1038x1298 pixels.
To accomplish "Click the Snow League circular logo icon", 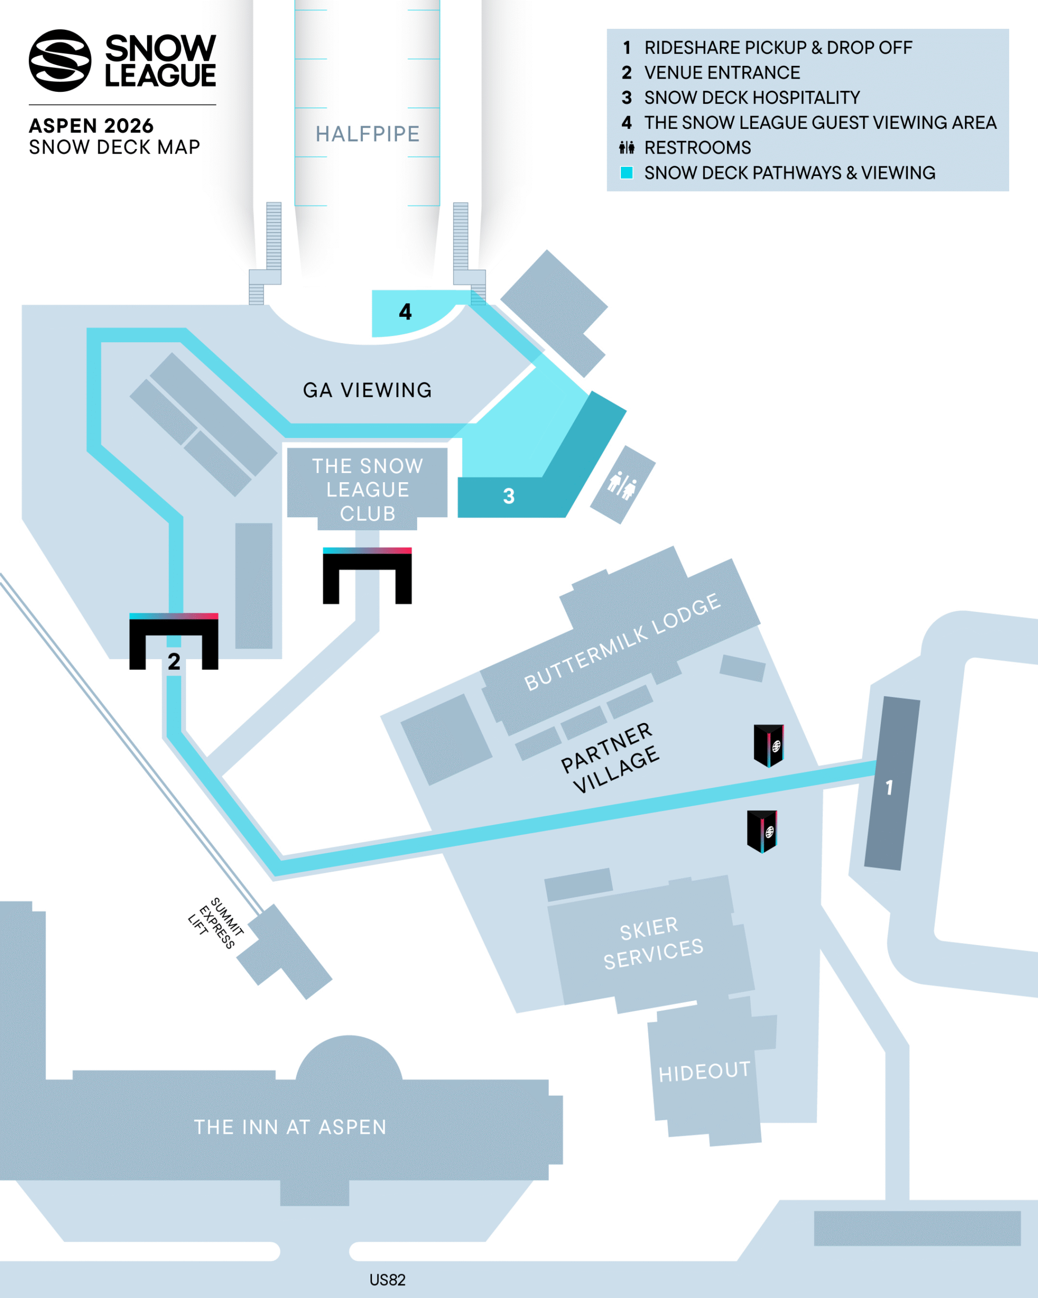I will (60, 60).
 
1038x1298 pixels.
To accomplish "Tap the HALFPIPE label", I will (367, 134).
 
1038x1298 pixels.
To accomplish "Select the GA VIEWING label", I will (367, 390).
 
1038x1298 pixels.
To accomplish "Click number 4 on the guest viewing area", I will (405, 312).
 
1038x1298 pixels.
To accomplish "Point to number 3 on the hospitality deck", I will (508, 496).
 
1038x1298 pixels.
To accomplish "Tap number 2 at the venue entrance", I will (174, 662).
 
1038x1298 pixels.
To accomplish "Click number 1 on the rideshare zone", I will (889, 787).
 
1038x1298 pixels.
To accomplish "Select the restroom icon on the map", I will (622, 485).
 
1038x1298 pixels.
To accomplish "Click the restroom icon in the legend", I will (626, 148).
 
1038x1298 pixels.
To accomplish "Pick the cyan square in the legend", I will (626, 173).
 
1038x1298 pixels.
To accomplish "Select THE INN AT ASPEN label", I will (290, 1127).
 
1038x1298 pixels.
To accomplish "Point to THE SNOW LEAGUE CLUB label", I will (367, 489).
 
